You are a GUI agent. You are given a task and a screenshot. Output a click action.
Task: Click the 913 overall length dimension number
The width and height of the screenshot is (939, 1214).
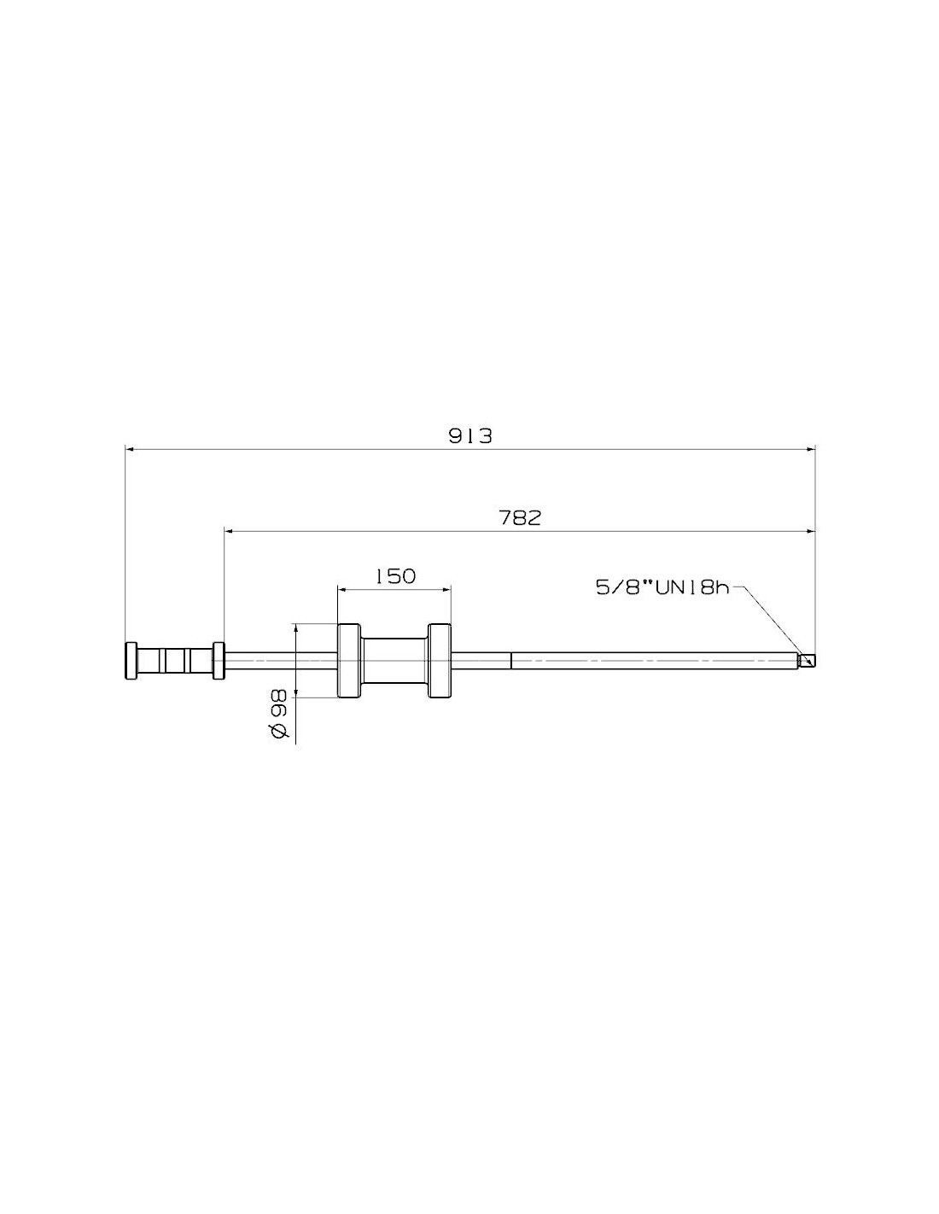[469, 435]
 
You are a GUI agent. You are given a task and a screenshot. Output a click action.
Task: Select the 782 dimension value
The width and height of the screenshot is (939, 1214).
[520, 518]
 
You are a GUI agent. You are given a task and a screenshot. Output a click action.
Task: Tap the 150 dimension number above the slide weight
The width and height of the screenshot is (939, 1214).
[395, 576]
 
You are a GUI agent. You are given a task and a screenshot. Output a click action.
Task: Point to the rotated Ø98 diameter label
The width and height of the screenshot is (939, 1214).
[279, 714]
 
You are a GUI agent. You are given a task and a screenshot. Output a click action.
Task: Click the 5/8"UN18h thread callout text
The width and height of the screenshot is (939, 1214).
[663, 587]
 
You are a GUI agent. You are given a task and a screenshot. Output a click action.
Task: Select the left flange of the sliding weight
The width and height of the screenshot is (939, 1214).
[348, 660]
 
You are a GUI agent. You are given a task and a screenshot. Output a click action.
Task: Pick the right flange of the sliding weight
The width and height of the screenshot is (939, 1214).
[439, 660]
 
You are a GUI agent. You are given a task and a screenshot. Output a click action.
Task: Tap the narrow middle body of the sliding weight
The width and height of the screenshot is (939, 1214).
[394, 660]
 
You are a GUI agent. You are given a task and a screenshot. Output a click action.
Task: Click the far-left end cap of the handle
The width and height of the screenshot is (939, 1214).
[131, 660]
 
